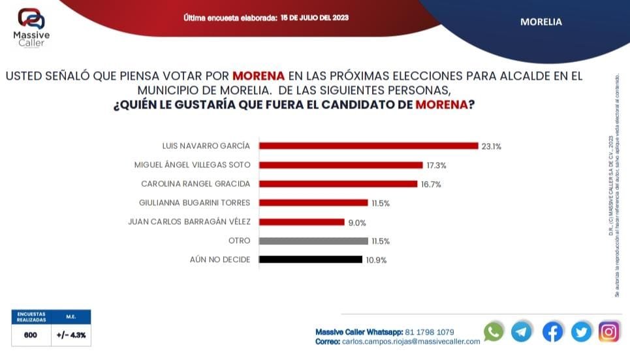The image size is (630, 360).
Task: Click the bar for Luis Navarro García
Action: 368,146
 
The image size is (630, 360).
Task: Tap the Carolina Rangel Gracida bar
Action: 338,184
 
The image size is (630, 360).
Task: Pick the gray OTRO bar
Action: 313,241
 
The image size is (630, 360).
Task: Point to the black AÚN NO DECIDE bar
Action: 310,259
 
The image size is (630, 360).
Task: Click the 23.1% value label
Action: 492,146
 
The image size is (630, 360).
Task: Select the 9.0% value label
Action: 356,222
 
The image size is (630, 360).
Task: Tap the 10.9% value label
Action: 376,260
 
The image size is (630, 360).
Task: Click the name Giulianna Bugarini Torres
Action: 195,203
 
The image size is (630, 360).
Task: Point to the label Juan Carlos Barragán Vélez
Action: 189,221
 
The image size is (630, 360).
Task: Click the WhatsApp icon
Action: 494,331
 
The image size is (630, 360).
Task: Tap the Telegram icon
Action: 522,331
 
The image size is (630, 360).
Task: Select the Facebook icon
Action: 552,331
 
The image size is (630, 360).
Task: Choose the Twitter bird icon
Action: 581,331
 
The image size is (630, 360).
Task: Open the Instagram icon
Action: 608,331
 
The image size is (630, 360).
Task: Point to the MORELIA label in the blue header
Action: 541,22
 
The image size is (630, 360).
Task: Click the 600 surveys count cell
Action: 31,335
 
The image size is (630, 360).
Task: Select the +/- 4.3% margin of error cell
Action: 71,335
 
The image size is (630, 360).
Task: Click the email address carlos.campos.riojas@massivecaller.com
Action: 411,341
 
